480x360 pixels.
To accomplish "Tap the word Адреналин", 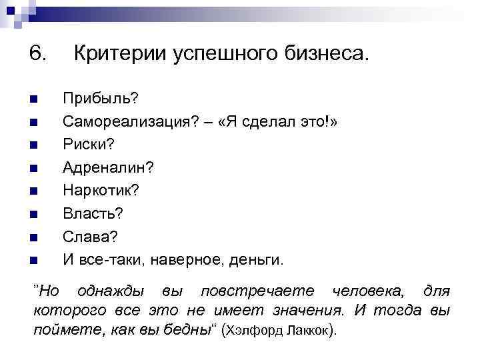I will pos(105,167).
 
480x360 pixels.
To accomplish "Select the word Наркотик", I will pos(98,191).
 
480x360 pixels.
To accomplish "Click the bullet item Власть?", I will pos(93,213).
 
